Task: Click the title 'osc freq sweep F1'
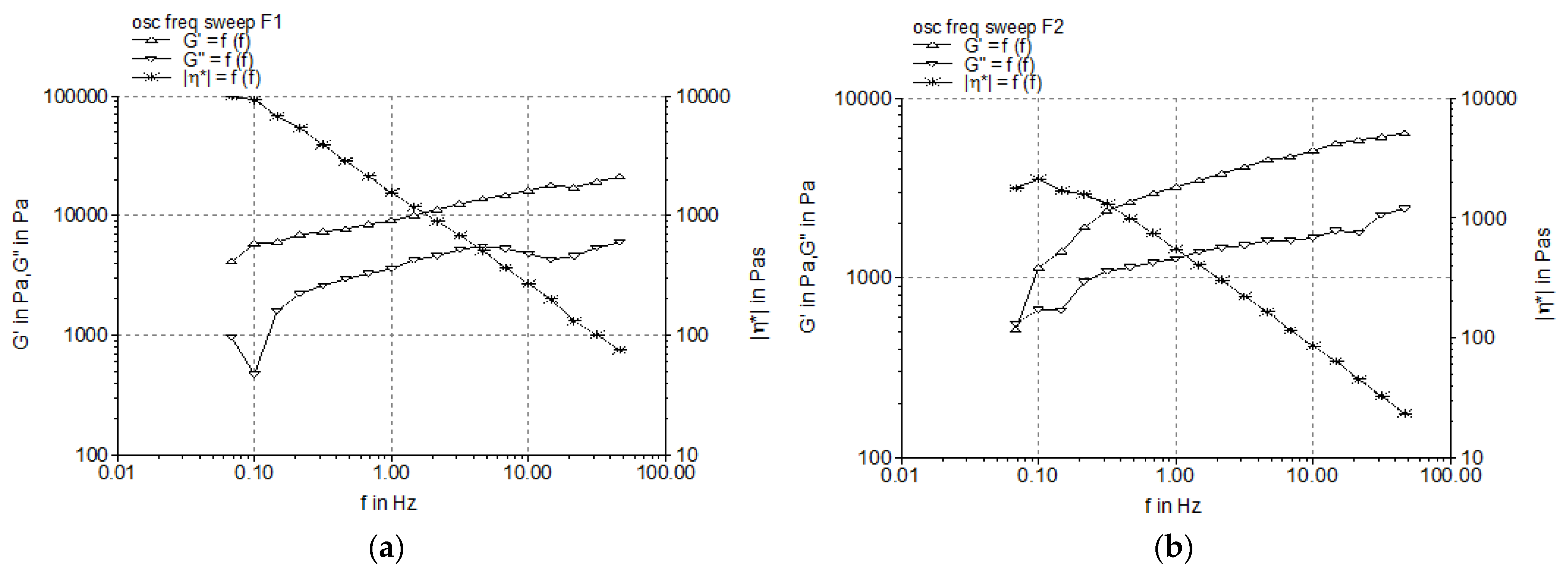(x=206, y=22)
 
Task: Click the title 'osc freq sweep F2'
(x=988, y=27)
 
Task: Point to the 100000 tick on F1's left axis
(x=76, y=96)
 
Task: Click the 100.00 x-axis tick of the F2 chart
(x=1451, y=475)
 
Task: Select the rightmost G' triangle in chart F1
(x=619, y=177)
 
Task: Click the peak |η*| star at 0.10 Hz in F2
(x=1039, y=179)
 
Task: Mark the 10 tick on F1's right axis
(x=687, y=455)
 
